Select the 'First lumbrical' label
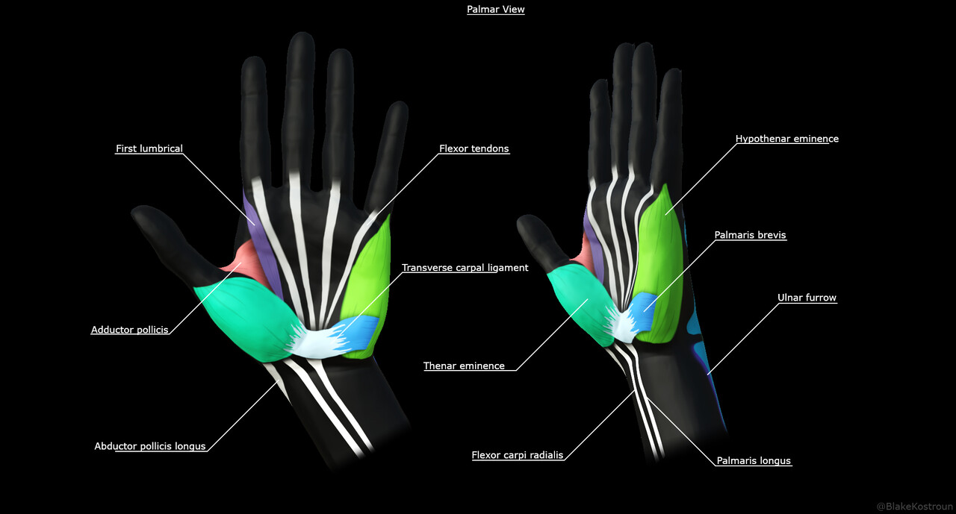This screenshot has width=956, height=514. (x=149, y=148)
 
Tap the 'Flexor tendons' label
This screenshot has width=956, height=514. (x=474, y=148)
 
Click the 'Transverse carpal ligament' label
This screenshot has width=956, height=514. (x=465, y=268)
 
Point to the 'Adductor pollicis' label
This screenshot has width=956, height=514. (x=129, y=330)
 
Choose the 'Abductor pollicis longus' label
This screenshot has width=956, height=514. (x=149, y=446)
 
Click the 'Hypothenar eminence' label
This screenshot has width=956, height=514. (x=786, y=139)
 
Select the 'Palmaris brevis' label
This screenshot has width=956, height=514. (x=750, y=235)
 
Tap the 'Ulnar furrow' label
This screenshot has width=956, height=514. (x=807, y=298)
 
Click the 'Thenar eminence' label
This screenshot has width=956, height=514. (x=464, y=366)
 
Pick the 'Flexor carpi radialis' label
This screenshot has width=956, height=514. (x=517, y=455)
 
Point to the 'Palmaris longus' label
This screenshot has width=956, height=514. (x=753, y=461)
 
